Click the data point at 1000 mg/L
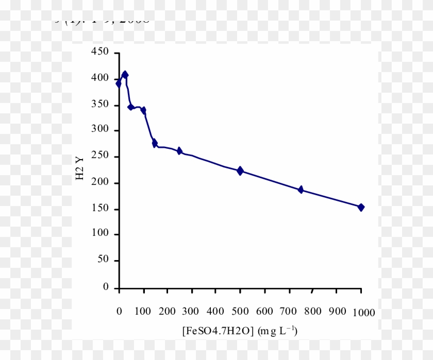tap(361, 207)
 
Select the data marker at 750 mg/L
tap(301, 190)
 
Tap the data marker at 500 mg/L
tap(240, 170)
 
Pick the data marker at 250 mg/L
tap(179, 150)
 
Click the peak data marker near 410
tap(125, 75)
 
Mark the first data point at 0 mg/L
tap(119, 83)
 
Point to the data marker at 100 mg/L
tap(143, 110)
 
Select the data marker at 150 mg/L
tap(155, 143)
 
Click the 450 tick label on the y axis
tap(99, 52)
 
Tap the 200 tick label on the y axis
tap(99, 183)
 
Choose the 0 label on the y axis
tap(106, 287)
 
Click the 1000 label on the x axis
tap(364, 313)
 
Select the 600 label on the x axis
tap(264, 312)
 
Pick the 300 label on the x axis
tap(192, 312)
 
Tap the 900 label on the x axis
tap(337, 312)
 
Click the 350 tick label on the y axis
tap(99, 105)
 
